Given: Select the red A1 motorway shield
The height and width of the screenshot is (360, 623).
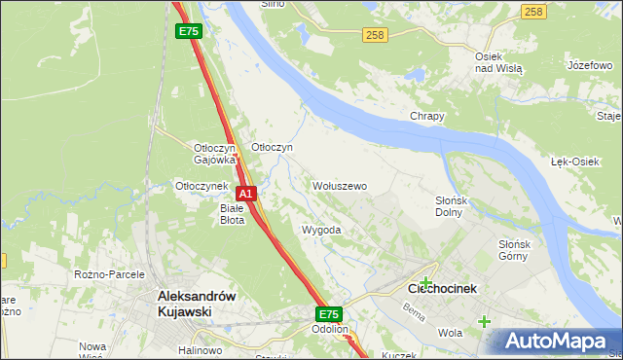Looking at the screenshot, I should pyautogui.click(x=247, y=194).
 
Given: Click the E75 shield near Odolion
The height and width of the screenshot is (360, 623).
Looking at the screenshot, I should pyautogui.click(x=328, y=314).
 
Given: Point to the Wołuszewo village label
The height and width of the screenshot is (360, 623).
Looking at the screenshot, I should pyautogui.click(x=339, y=186).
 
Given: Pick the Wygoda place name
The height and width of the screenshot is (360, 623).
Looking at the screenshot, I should pyautogui.click(x=321, y=231).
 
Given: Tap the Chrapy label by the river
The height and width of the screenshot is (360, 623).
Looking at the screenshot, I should pyautogui.click(x=426, y=117).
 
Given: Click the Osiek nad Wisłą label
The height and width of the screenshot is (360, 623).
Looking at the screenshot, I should pyautogui.click(x=498, y=63).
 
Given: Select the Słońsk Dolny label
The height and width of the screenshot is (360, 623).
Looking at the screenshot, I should pyautogui.click(x=454, y=205).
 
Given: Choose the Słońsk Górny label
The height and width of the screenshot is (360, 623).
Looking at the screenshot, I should pyautogui.click(x=512, y=250).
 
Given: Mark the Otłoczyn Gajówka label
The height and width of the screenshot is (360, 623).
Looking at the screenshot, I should pyautogui.click(x=215, y=153).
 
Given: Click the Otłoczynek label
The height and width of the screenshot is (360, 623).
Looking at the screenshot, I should pyautogui.click(x=201, y=186).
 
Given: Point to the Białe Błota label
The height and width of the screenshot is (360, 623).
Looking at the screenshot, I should pyautogui.click(x=232, y=214).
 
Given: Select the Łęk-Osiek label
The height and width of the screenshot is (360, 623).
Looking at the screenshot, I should pyautogui.click(x=574, y=162).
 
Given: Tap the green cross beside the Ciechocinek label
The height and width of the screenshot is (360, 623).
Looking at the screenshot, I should pyautogui.click(x=425, y=282).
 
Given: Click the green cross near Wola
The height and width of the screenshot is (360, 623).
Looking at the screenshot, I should pyautogui.click(x=484, y=321).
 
